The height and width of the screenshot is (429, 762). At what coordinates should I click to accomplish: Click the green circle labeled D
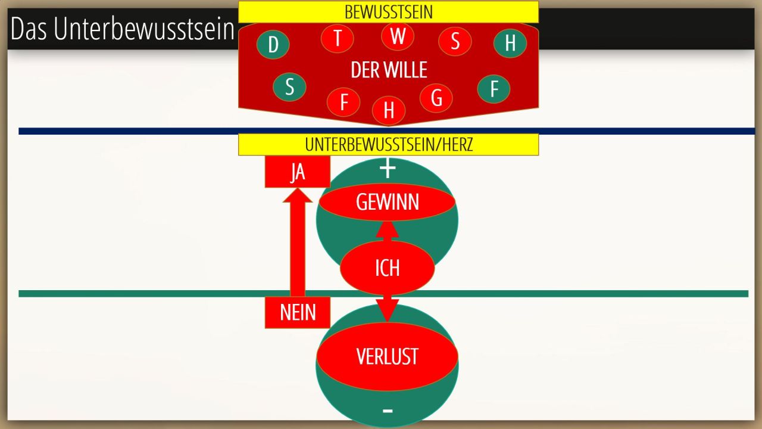pos(273,44)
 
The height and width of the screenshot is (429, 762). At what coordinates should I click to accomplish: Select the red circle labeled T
pos(338,38)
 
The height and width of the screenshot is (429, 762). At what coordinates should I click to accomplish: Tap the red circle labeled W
pos(398,36)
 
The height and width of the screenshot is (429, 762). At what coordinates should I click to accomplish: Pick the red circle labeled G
pos(436,98)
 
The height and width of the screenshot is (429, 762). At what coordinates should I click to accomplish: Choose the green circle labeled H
pos(510,43)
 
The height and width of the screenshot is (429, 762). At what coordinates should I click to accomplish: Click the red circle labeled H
pos(389,110)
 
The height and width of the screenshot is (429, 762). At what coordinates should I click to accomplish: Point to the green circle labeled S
pos(289,86)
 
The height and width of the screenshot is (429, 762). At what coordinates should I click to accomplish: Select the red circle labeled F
pos(343,102)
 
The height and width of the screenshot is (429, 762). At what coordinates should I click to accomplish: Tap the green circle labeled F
pos(494,89)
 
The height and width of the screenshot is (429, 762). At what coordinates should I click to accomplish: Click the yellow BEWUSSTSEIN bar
pos(388,12)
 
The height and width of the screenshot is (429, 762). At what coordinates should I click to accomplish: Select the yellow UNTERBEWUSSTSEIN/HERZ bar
pos(388,144)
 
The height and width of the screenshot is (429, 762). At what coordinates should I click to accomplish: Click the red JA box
pos(297,172)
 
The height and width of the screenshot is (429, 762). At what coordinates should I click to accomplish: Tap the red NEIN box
pos(297,312)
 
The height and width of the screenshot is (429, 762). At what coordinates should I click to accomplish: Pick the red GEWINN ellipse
pos(387,203)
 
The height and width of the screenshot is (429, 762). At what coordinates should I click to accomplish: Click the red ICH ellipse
pos(387,268)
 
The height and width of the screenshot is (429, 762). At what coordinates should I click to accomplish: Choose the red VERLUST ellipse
pos(387,356)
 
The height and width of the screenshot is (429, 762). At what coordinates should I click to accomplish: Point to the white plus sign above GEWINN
pos(388,169)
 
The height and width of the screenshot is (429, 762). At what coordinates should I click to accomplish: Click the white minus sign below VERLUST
pos(388,410)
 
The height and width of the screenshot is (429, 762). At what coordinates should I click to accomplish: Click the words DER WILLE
pos(389,70)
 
